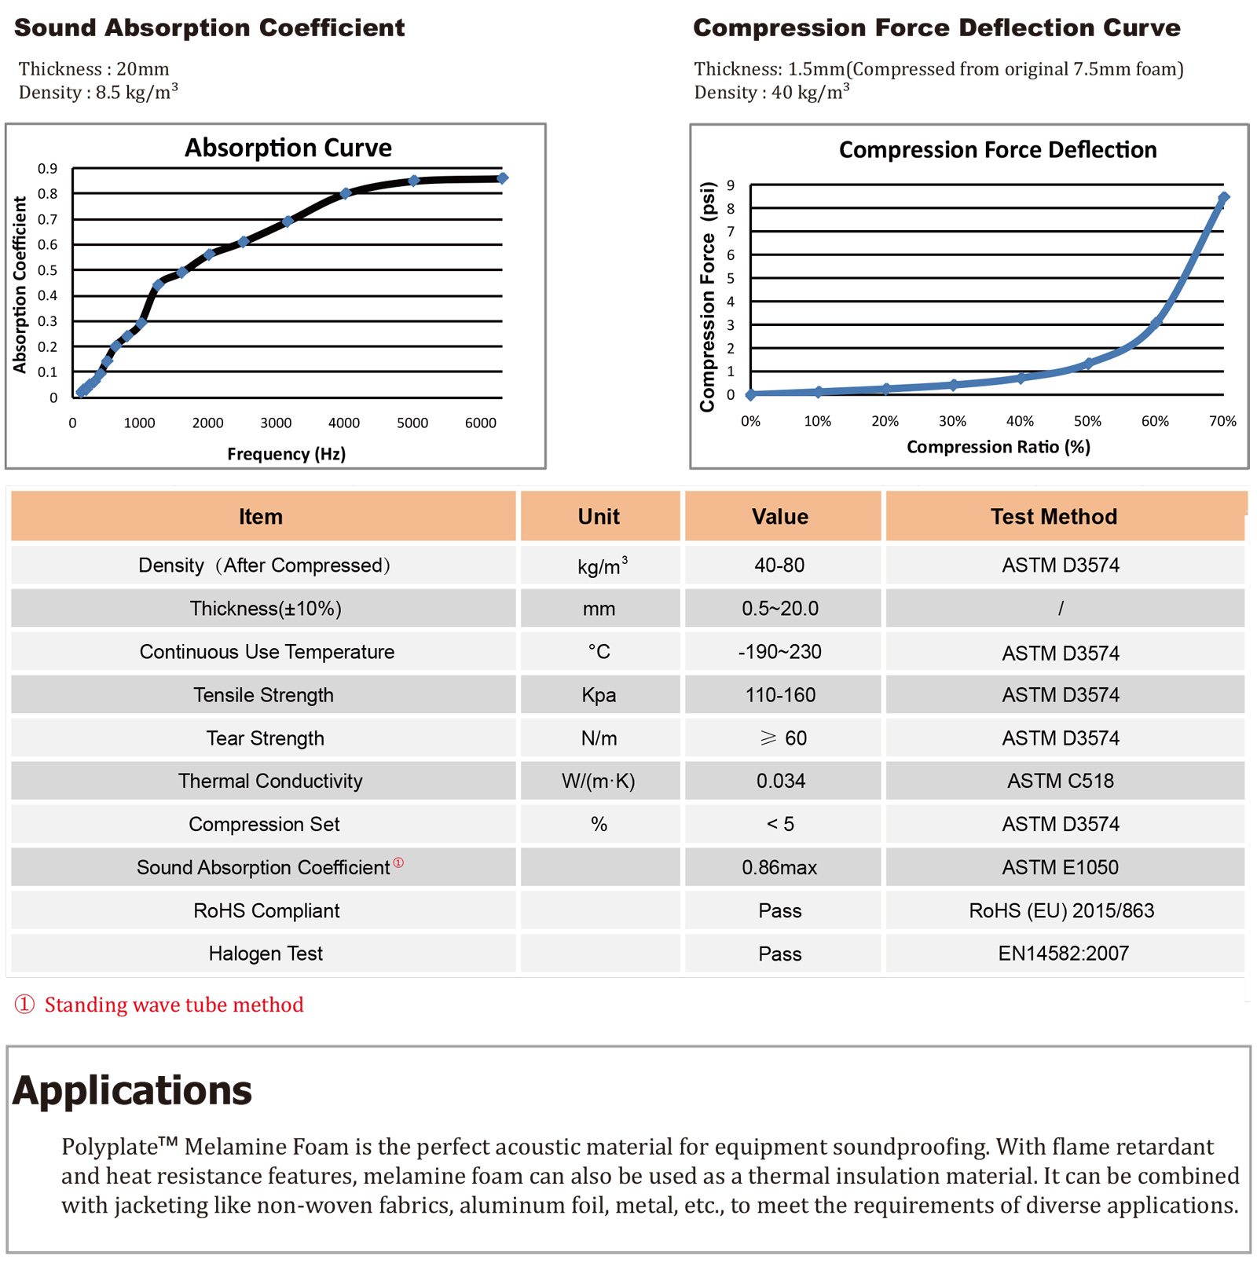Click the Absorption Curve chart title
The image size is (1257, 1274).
click(x=288, y=148)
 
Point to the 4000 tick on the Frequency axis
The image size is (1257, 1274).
click(x=344, y=423)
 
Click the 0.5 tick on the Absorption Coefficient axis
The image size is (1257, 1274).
click(x=47, y=270)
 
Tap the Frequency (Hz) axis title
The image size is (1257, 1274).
click(x=286, y=454)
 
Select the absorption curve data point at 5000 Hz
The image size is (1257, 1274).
click(x=414, y=181)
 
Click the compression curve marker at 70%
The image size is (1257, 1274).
click(x=1223, y=198)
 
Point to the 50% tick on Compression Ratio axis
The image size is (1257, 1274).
click(x=1087, y=422)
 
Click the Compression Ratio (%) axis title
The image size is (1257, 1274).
click(x=998, y=447)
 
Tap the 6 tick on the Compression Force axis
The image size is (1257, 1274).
click(x=731, y=255)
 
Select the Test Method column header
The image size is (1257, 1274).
click(x=1053, y=517)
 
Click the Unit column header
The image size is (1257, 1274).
click(x=599, y=517)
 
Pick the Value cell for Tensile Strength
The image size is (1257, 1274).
click(x=780, y=695)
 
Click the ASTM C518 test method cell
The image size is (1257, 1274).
click(x=1060, y=781)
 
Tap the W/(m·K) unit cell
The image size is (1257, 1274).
click(x=599, y=781)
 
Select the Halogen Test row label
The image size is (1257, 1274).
click(x=266, y=954)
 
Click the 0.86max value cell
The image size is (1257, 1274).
click(x=779, y=867)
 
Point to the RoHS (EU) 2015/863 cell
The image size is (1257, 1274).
click(x=1061, y=910)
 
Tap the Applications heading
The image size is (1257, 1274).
click(x=132, y=1090)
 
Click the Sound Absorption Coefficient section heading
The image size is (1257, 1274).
click(x=210, y=28)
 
